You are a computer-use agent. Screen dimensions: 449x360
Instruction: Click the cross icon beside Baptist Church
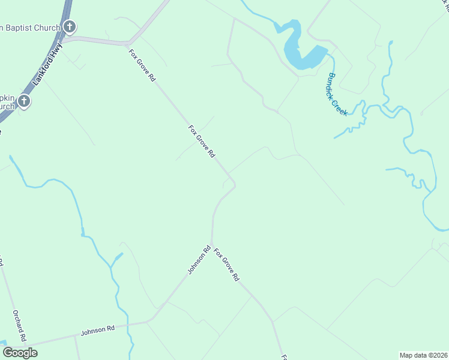pos(70,27)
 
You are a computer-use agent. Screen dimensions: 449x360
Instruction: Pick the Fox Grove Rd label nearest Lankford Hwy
pos(143,65)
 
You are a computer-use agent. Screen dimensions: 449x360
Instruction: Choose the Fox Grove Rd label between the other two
pos(202,141)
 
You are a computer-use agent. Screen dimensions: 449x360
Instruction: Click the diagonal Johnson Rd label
pos(199,260)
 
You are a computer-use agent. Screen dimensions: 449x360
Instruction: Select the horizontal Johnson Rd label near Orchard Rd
pos(98,329)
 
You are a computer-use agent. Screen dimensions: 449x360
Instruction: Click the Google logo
pos(20,352)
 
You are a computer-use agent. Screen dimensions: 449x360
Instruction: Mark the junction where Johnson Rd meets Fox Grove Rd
pos(212,245)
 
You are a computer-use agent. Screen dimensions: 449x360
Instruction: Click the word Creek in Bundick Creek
pos(341,105)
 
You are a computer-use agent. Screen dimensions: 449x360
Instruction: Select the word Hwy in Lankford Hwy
pos(58,50)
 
